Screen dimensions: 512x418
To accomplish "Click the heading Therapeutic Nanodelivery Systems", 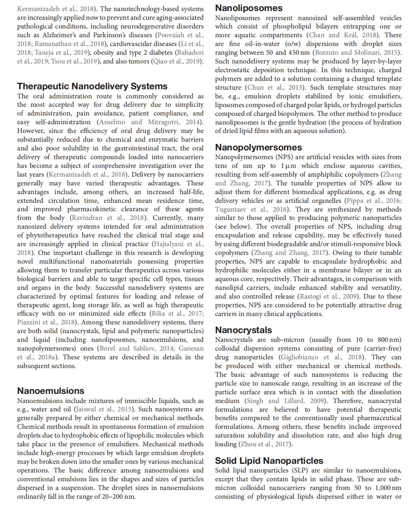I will pos(92,86).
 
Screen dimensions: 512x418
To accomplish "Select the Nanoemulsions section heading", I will pos(51,391).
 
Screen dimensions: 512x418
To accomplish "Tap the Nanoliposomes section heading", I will pos(249,8).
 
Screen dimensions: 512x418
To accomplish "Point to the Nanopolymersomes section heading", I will pos(258,147).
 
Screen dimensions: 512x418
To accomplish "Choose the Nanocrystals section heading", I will pos(243,330).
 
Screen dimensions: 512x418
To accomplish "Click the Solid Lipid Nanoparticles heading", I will pos(269,461).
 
